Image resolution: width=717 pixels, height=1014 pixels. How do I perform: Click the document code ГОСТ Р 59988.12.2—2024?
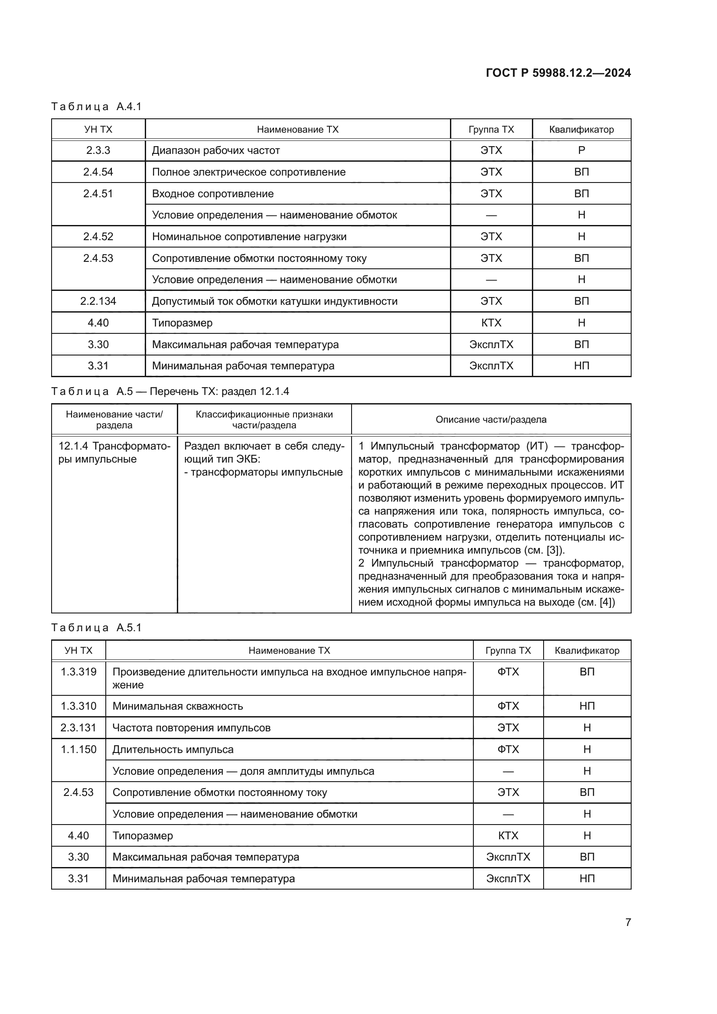558,73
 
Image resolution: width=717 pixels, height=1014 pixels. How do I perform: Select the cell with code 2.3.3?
98,150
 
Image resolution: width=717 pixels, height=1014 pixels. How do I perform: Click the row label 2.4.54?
98,172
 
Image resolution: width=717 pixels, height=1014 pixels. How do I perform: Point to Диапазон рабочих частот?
216,150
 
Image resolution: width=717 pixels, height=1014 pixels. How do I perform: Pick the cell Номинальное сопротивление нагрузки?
249,237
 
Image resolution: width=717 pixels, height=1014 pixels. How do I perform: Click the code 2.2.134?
98,301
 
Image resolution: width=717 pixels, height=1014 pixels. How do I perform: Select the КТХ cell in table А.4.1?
491,323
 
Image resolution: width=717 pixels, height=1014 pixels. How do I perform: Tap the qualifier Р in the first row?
581,150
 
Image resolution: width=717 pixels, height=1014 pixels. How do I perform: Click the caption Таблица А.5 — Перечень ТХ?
170,391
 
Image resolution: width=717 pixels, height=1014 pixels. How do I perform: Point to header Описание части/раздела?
491,420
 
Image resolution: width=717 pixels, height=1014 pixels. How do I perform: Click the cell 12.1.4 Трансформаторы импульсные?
114,453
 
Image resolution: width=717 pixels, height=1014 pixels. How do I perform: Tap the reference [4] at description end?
606,603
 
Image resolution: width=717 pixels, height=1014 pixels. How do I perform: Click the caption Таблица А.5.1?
96,628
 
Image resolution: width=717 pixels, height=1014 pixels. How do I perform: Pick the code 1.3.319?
78,672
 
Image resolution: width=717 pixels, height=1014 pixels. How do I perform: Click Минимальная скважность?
177,706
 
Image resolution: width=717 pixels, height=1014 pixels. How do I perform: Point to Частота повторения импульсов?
191,728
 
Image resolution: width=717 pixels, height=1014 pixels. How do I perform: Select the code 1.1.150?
78,750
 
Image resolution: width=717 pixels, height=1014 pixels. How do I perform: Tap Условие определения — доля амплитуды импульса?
243,771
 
